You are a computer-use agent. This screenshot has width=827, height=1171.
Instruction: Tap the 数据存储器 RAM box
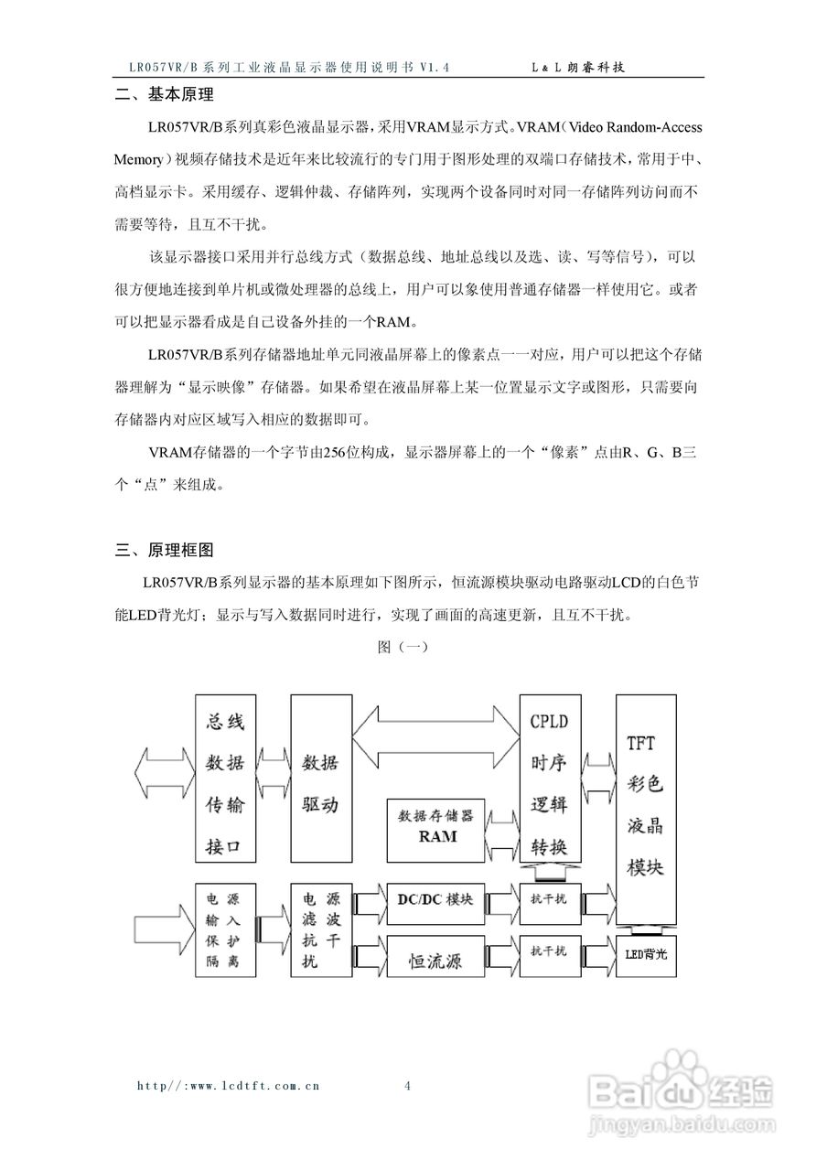click(x=436, y=828)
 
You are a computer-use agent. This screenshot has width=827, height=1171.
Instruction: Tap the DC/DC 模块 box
click(x=435, y=898)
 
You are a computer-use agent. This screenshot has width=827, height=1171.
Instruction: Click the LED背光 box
click(x=647, y=954)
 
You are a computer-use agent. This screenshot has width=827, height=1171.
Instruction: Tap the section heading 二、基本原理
click(x=164, y=94)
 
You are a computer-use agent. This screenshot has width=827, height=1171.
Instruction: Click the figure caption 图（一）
click(x=403, y=646)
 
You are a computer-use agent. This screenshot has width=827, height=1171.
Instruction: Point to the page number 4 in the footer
click(x=407, y=1086)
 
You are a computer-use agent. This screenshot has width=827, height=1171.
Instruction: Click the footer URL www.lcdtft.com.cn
click(x=228, y=1086)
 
